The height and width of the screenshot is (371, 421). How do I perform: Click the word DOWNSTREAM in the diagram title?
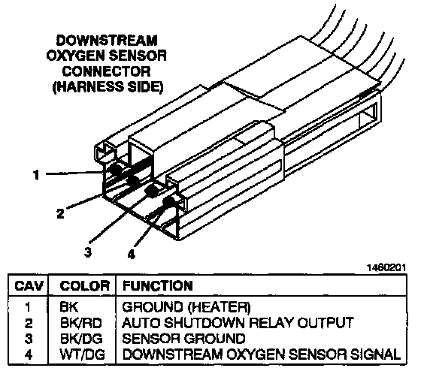[107, 41]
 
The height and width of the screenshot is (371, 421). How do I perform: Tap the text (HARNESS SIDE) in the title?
[108, 87]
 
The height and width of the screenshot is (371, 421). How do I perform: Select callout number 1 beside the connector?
[36, 175]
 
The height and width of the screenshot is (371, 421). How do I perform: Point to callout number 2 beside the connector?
[61, 213]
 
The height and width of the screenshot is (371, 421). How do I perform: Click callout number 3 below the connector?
[88, 252]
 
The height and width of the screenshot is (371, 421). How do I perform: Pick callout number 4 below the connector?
[131, 254]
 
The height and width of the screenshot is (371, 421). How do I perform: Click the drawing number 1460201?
[386, 267]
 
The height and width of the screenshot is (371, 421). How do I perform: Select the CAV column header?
[29, 285]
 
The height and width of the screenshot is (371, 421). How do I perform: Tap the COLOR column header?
[84, 285]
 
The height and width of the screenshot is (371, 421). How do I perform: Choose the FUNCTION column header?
[158, 285]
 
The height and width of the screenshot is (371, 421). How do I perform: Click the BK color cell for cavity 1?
[69, 307]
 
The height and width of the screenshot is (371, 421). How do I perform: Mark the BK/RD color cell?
[81, 323]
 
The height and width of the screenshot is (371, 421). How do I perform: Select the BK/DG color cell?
[81, 339]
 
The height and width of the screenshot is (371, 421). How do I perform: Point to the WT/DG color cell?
[82, 354]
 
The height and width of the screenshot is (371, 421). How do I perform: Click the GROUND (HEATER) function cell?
[186, 307]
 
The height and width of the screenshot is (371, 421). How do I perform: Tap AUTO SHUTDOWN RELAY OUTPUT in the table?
[238, 323]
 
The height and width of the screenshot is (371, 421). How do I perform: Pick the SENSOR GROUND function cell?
[183, 339]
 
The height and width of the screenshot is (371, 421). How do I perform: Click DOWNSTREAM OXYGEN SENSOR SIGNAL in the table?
[262, 354]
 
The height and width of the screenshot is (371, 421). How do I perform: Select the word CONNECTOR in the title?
[107, 71]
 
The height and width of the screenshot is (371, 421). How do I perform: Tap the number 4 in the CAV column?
[29, 354]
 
